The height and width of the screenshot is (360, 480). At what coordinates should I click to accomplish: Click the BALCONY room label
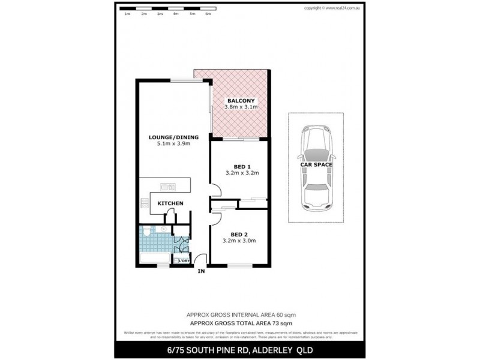[241, 100]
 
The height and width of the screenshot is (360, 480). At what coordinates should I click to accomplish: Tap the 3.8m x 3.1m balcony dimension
[241, 107]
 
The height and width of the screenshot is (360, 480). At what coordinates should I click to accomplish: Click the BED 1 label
[241, 166]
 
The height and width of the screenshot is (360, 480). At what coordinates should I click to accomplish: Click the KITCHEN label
[170, 204]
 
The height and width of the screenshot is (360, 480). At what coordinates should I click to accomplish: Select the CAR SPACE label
[316, 164]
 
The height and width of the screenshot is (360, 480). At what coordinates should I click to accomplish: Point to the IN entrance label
[201, 272]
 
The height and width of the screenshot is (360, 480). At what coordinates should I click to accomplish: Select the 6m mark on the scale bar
[208, 13]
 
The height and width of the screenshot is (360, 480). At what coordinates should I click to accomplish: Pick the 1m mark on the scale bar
[127, 13]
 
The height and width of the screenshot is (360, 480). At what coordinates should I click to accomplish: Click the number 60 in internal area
[278, 314]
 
